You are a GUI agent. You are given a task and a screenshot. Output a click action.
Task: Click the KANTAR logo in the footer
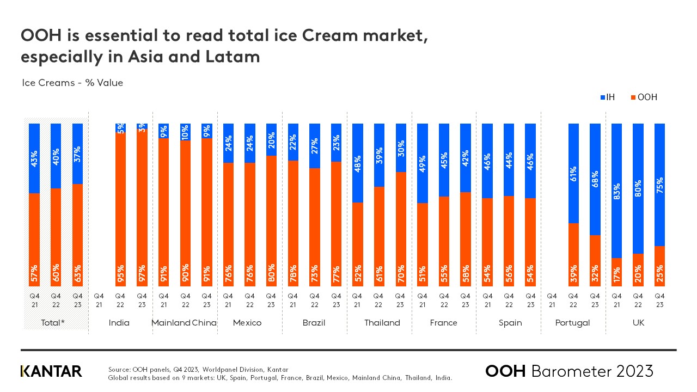[51, 371]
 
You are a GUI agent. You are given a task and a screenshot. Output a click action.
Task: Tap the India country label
[119, 323]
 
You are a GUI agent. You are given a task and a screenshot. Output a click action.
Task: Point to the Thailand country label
[382, 323]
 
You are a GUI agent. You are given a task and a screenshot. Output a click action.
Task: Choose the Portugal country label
[572, 323]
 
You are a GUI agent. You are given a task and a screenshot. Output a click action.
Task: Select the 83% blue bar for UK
[617, 191]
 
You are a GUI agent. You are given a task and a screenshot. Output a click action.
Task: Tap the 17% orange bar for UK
[617, 272]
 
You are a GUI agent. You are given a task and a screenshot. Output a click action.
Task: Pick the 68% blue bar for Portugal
[595, 179]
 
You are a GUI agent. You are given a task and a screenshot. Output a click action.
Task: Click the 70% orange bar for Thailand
[401, 229]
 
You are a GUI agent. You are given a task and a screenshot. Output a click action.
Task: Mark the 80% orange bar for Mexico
[271, 220]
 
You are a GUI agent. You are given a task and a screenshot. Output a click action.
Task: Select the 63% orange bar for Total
[77, 235]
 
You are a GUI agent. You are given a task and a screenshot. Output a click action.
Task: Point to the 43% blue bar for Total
[34, 158]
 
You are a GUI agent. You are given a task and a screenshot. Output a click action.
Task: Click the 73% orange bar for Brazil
[314, 227]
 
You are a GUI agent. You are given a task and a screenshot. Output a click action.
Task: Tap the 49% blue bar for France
[422, 163]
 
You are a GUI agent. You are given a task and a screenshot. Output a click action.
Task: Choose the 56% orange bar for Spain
[509, 241]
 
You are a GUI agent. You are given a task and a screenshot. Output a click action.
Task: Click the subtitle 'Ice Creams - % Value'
[72, 83]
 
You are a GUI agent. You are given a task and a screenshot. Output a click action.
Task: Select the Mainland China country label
[184, 323]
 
